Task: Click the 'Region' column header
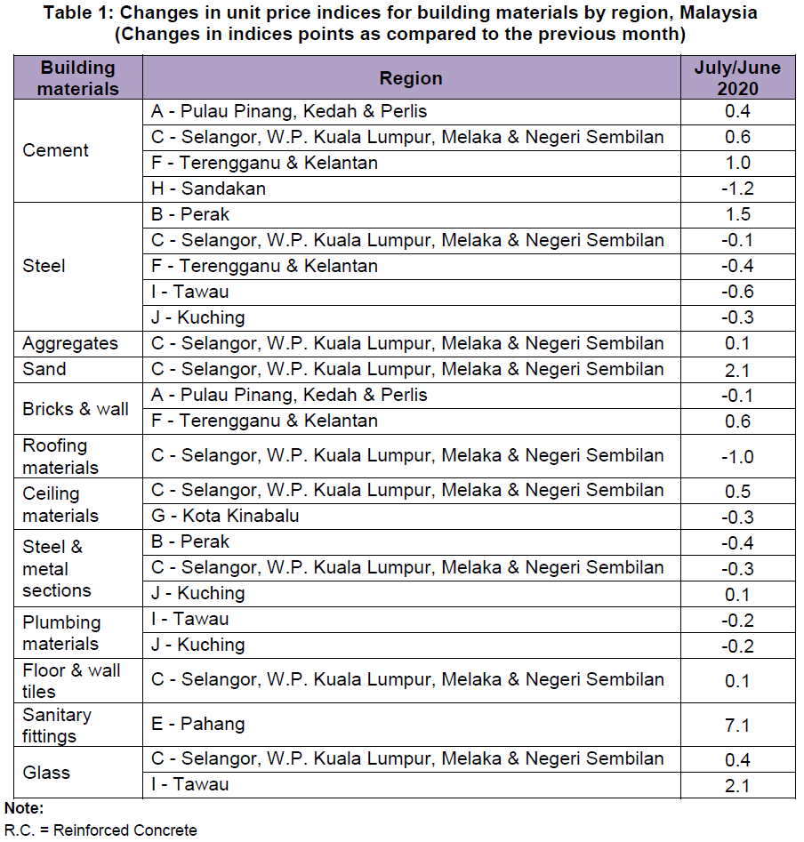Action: point(411,78)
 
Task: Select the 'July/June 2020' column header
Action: point(737,78)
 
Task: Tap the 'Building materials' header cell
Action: point(78,78)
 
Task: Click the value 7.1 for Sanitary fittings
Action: point(737,726)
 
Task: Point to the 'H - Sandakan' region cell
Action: point(209,188)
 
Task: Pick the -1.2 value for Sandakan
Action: point(737,188)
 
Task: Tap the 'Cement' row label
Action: point(55,150)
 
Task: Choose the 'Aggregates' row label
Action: point(70,344)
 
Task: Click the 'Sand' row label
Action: point(44,369)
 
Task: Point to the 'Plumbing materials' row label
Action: point(61,633)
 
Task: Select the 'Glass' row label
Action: point(46,772)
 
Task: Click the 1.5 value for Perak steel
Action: point(737,214)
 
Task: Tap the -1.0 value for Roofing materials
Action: point(737,457)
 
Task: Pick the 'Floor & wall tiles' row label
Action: point(71,681)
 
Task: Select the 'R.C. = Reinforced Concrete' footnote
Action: point(100,830)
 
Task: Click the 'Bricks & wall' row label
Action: point(76,409)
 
